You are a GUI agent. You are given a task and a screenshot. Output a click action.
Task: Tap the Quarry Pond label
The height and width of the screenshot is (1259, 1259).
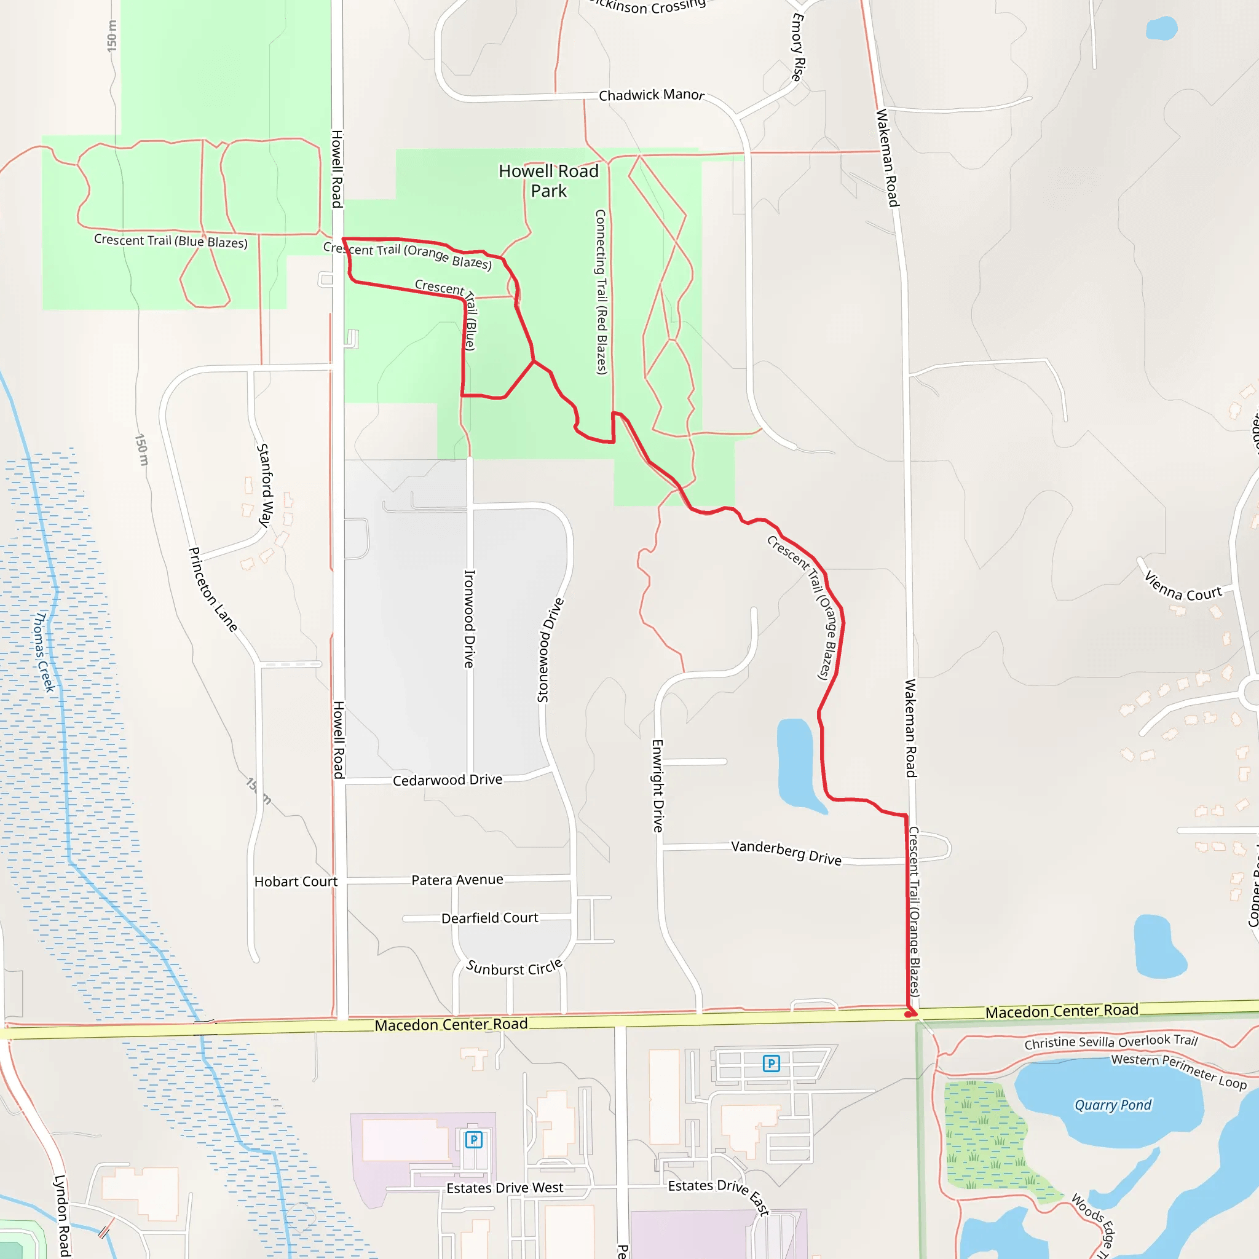click(x=1112, y=1105)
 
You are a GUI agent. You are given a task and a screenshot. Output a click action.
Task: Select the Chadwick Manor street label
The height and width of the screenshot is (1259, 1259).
click(x=651, y=95)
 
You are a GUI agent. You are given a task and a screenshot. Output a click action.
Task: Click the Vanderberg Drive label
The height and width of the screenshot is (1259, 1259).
click(x=786, y=853)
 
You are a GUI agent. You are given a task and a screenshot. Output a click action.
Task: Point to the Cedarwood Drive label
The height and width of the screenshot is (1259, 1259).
click(x=447, y=780)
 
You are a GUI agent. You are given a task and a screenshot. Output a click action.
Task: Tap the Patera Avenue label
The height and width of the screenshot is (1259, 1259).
click(x=457, y=880)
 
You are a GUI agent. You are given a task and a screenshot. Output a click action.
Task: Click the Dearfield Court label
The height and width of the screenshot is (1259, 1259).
click(x=489, y=918)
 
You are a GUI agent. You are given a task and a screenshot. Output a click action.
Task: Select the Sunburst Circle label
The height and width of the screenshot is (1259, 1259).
click(x=513, y=968)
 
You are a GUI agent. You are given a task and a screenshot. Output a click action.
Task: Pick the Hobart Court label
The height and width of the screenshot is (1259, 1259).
click(x=295, y=882)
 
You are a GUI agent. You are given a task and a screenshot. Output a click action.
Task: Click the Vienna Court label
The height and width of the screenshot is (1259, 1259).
click(x=1183, y=587)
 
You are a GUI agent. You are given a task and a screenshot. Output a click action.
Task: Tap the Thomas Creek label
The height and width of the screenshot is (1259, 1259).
click(x=44, y=652)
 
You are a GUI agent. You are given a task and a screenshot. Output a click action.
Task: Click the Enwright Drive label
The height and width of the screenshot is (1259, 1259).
click(x=658, y=785)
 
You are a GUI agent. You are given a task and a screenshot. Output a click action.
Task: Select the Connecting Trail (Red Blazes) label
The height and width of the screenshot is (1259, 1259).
click(x=601, y=291)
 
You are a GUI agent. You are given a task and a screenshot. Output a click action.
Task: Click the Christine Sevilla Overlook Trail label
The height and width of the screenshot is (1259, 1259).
click(x=1110, y=1041)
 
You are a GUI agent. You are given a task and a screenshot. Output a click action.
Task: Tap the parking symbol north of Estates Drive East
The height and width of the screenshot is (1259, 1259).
click(x=771, y=1064)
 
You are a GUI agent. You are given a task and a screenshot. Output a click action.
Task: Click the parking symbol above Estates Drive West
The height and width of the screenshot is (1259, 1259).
click(x=474, y=1140)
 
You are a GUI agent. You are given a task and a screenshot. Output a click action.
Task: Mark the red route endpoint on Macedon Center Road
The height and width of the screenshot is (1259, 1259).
click(x=910, y=1014)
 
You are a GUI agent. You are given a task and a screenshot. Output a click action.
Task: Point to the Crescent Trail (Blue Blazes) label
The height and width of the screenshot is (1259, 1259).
click(x=171, y=241)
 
